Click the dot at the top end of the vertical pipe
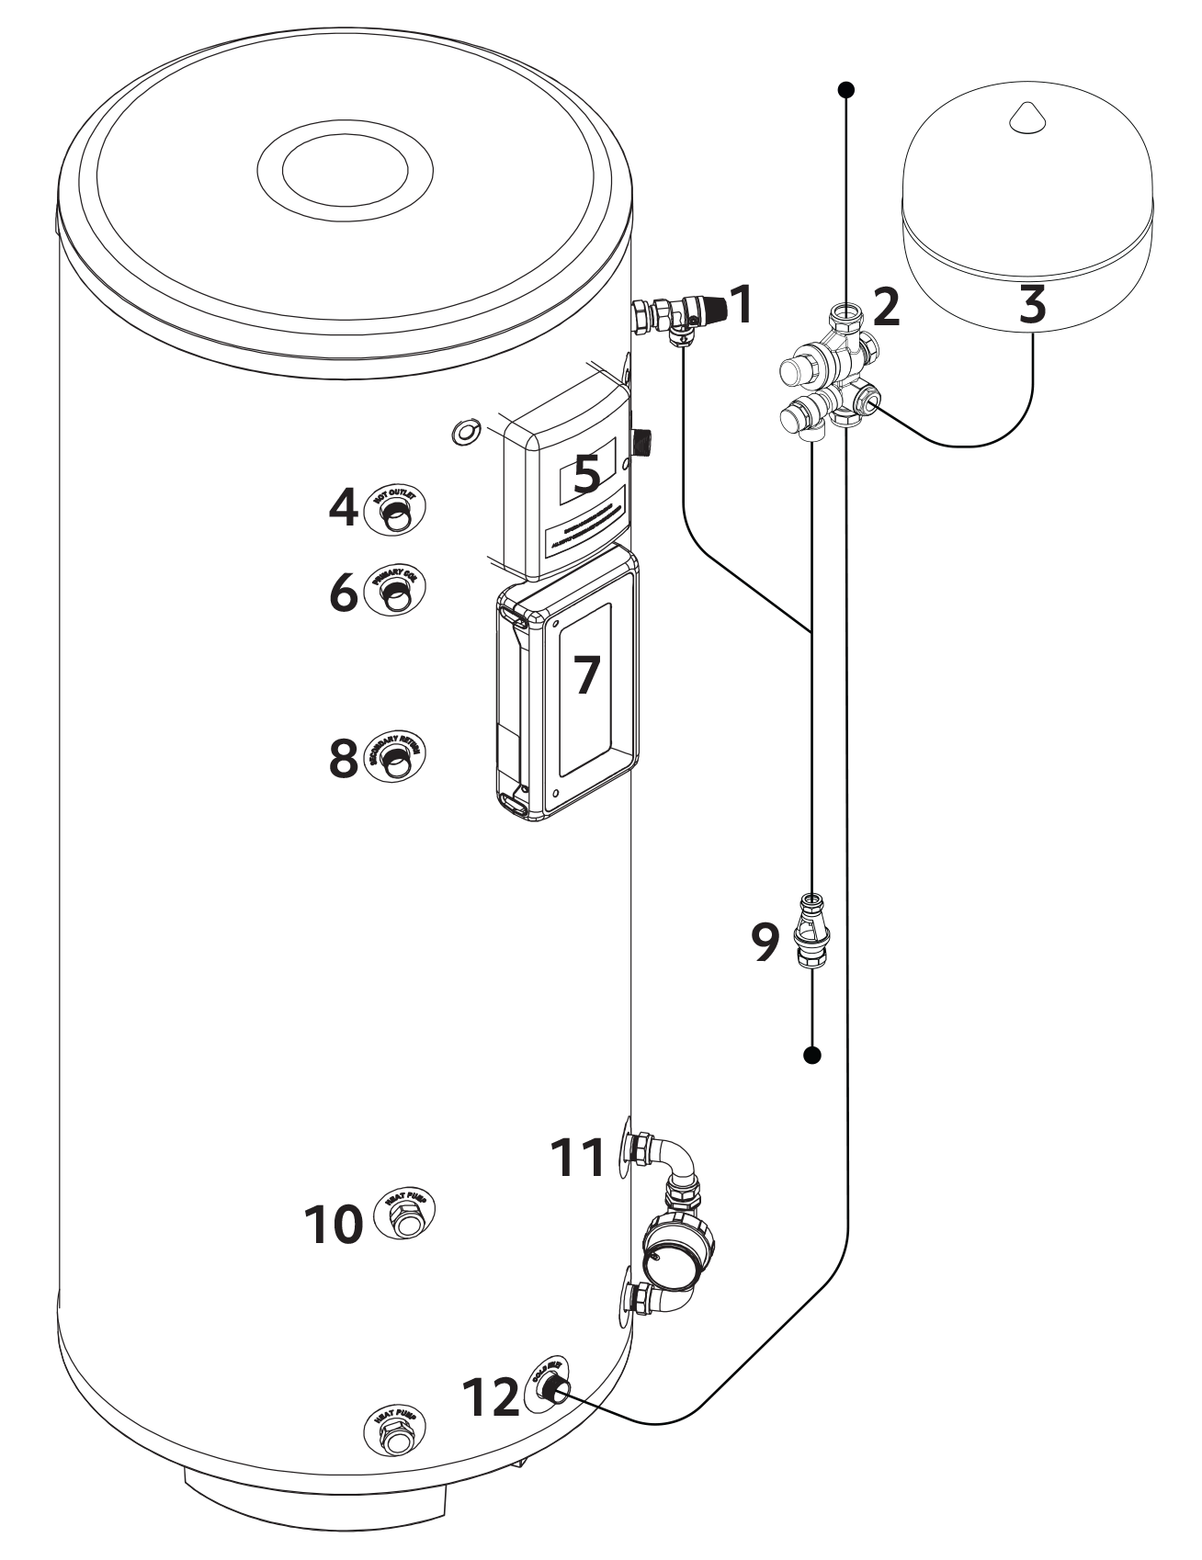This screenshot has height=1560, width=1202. [x=847, y=90]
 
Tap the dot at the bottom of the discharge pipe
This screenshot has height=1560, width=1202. [x=811, y=1056]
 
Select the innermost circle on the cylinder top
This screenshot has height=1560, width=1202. [x=346, y=171]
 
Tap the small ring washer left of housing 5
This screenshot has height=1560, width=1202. [x=467, y=432]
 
